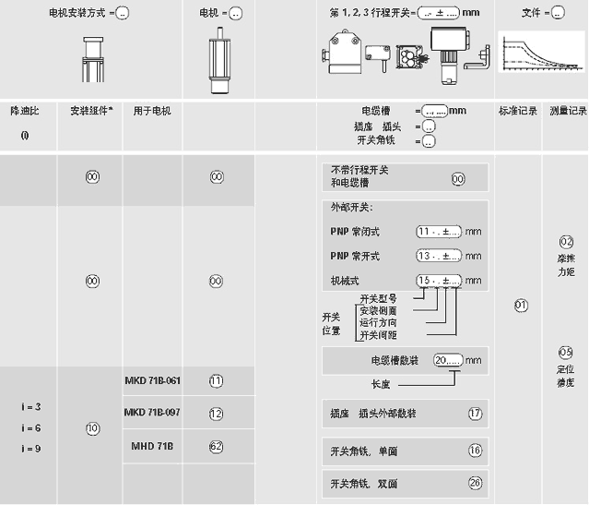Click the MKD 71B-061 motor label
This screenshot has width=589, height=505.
tap(152, 380)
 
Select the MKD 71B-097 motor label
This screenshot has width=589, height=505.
tap(152, 413)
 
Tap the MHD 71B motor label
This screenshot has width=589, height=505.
tap(152, 446)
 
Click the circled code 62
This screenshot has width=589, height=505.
tap(217, 446)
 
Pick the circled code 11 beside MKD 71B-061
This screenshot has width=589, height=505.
tap(217, 380)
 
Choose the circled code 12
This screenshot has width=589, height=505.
tap(217, 414)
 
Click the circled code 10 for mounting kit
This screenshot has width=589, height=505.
tap(92, 428)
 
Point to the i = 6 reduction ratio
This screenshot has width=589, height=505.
tap(30, 427)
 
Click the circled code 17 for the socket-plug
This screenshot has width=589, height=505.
tap(475, 414)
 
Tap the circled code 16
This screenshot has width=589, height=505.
tap(475, 451)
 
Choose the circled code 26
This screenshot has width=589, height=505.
tap(475, 483)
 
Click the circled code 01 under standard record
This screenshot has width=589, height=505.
tap(521, 305)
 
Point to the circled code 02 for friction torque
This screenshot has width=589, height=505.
tap(566, 242)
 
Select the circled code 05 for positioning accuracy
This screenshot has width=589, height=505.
tap(566, 352)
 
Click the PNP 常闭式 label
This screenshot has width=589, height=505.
tap(355, 232)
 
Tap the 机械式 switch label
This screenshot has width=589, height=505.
tap(346, 280)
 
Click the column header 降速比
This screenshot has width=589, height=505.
tap(26, 111)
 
